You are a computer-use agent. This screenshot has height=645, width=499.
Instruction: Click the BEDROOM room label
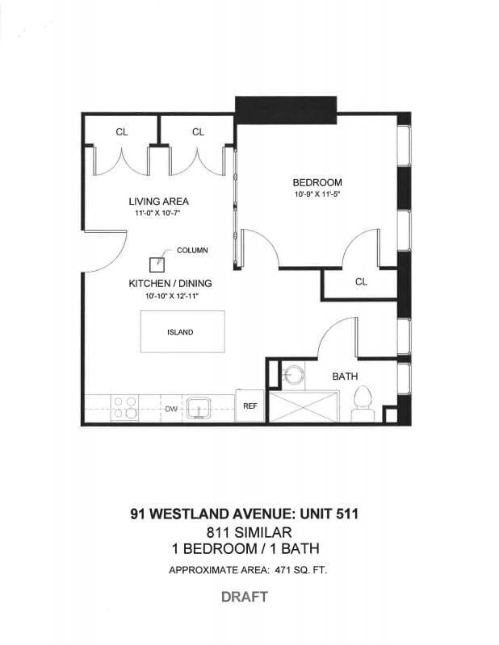point(317,182)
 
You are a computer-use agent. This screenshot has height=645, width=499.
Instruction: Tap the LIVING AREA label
point(158,202)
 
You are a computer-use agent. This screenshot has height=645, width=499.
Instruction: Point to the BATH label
point(345,377)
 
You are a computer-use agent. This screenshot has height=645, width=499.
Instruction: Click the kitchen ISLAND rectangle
point(180,332)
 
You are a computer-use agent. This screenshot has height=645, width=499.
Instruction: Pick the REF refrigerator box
point(250,406)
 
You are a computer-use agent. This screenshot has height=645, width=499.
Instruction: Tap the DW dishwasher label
point(171,410)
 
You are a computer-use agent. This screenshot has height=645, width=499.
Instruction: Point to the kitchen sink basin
point(197,407)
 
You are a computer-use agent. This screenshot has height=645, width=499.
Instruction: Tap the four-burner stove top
point(124,407)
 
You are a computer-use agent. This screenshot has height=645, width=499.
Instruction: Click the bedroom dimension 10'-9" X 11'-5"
point(317,194)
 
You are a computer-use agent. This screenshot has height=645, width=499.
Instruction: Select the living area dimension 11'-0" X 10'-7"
point(158,214)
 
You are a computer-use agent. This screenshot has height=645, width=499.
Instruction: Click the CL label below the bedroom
point(361,282)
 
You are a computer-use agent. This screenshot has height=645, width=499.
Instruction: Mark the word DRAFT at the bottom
point(245,597)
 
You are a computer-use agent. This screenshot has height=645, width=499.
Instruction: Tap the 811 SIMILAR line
point(245,532)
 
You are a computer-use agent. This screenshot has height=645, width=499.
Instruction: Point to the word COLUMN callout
point(192,251)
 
